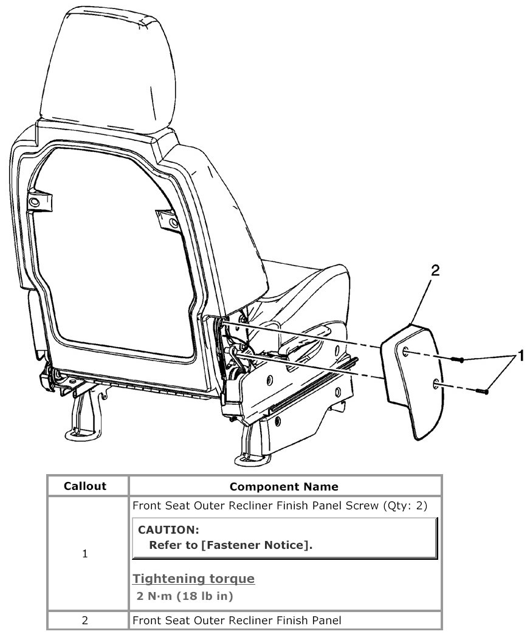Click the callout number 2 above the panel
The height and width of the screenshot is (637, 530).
click(435, 272)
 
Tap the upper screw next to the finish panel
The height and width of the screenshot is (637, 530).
click(459, 360)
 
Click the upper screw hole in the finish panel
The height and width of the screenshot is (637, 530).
click(405, 351)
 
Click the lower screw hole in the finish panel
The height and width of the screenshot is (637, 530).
click(436, 384)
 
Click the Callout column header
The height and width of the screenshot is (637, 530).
click(85, 486)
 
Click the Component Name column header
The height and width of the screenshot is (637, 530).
click(284, 486)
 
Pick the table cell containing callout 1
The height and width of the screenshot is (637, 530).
click(85, 554)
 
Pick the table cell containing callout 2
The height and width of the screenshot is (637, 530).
click(85, 621)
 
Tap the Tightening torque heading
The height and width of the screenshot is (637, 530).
click(194, 578)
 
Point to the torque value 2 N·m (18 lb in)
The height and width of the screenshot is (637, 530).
click(185, 596)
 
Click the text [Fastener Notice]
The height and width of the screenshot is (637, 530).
click(255, 545)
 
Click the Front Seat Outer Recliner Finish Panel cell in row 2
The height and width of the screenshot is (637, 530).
click(237, 621)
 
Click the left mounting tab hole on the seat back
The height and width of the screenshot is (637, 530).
click(35, 201)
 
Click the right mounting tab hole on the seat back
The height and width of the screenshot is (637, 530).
click(174, 224)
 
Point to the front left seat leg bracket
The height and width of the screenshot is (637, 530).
click(83, 420)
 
